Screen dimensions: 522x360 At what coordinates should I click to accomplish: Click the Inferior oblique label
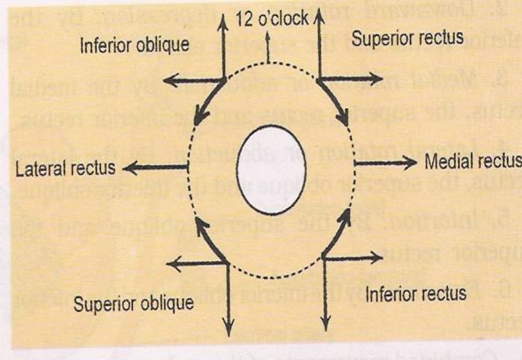[x=135, y=45]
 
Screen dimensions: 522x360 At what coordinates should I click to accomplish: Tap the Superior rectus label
[x=407, y=38]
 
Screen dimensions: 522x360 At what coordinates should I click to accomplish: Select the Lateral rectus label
[x=66, y=169]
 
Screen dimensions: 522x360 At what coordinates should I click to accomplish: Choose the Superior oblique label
[x=133, y=304]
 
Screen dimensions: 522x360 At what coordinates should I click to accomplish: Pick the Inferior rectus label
[x=416, y=293]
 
